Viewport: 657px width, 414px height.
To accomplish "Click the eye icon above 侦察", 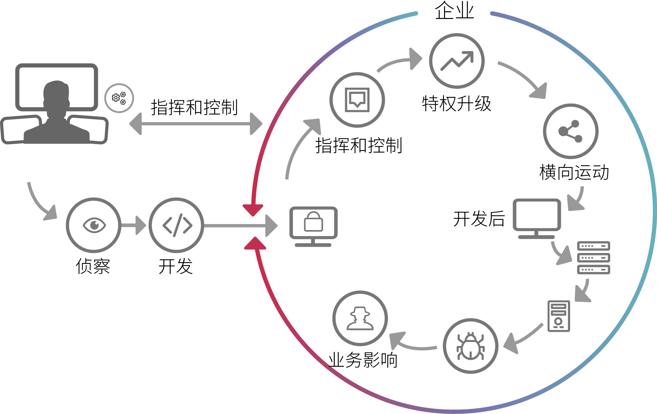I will pos(94,225).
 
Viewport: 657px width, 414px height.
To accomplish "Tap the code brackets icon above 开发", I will pos(177,225).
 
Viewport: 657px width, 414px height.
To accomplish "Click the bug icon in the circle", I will pos(470,346).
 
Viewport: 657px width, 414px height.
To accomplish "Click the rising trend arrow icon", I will pos(457,61).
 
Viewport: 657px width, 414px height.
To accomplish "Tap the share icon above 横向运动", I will pos(570,131).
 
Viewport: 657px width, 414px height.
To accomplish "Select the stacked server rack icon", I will pos(594,258).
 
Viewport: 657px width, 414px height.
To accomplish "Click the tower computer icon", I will pos(559,316).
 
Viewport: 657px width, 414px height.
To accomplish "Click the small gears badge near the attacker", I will pos(119,98).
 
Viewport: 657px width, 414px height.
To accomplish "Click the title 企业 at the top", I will pos(454,11).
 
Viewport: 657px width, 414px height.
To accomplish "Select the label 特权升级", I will pos(456,104).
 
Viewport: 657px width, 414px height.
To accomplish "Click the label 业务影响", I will pos(363,360).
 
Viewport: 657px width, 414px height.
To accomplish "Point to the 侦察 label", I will pos(93,266).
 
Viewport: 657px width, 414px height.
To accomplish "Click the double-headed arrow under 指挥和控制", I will pos(196,124).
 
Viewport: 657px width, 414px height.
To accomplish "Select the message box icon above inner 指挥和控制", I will pos(357,99).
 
